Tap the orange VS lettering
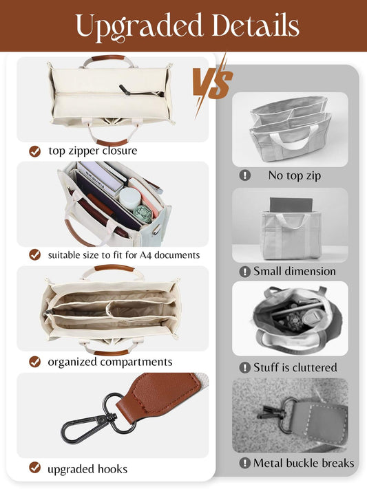click(211, 83)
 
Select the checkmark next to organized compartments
click(34, 361)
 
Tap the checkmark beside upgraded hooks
click(34, 468)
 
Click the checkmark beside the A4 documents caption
click(34, 254)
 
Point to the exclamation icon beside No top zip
click(244, 175)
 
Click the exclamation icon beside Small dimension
click(244, 271)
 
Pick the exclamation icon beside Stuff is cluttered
click(244, 367)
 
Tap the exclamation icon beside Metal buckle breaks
click(244, 463)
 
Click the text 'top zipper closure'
click(93, 151)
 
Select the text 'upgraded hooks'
click(87, 469)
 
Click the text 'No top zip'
click(295, 175)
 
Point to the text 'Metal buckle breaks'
click(304, 463)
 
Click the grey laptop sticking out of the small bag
click(290, 205)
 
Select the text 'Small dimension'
click(295, 271)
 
